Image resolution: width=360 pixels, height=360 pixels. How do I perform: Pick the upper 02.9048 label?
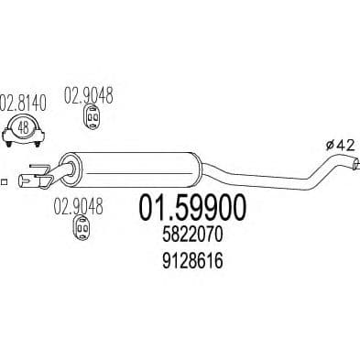pyautogui.click(x=88, y=93)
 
